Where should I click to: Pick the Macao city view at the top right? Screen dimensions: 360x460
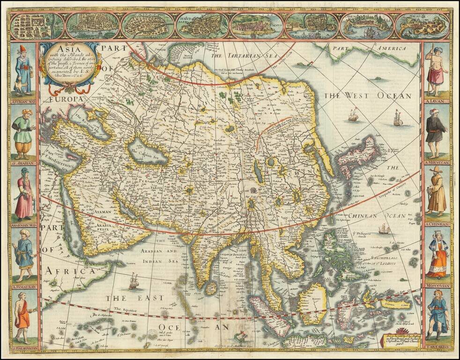click(x=422, y=26)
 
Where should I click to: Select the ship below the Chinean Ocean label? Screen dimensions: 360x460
click(x=384, y=229)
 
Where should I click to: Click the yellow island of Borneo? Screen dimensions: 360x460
click(x=312, y=302)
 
